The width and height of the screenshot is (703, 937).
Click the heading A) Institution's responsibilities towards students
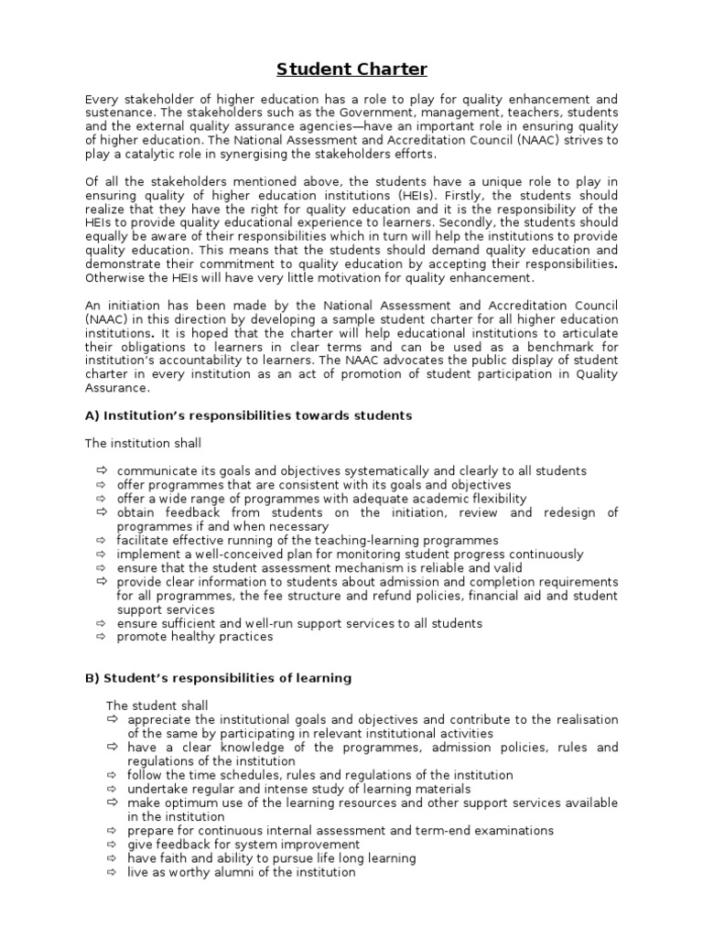(249, 415)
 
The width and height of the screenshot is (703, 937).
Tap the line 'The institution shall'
(144, 443)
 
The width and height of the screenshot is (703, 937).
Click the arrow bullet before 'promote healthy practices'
(100, 637)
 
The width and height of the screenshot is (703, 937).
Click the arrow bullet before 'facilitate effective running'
(100, 541)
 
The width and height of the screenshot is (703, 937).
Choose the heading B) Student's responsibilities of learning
(218, 678)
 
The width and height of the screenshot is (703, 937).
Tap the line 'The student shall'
(157, 705)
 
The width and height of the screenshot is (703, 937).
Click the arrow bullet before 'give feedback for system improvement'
(112, 845)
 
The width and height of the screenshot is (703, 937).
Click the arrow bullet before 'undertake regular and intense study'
(112, 789)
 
